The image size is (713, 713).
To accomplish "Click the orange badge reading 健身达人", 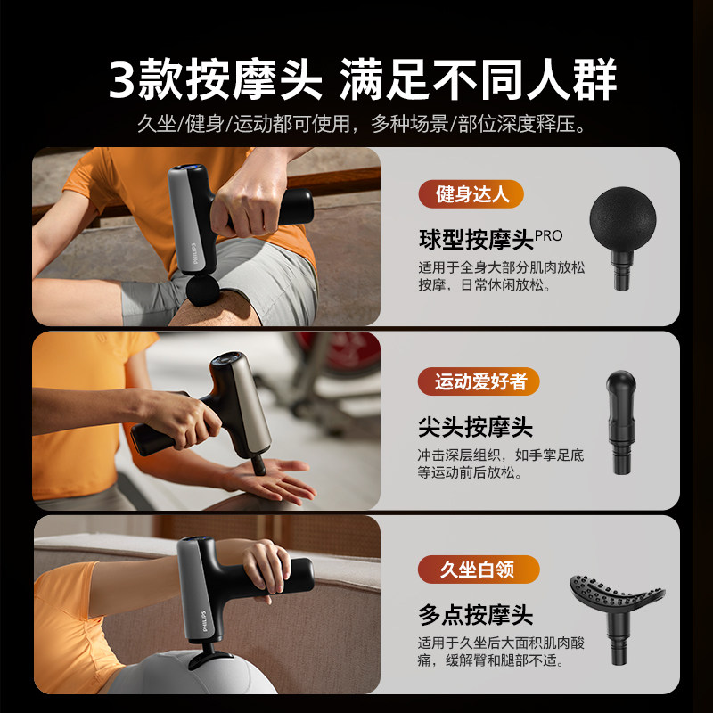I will coord(471,193).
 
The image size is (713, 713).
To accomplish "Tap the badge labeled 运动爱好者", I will coord(479,381).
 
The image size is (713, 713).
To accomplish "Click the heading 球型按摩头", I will coord(476,239).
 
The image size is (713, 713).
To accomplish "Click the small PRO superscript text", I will coord(549,235).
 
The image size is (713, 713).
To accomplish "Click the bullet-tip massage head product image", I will coord(621,422).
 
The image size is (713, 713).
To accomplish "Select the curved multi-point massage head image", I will coord(619,606).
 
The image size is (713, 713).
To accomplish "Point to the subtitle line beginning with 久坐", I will coord(356,123).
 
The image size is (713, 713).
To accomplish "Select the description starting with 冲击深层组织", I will coord(501,463).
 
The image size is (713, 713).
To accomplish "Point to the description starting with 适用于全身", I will coord(501,275).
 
